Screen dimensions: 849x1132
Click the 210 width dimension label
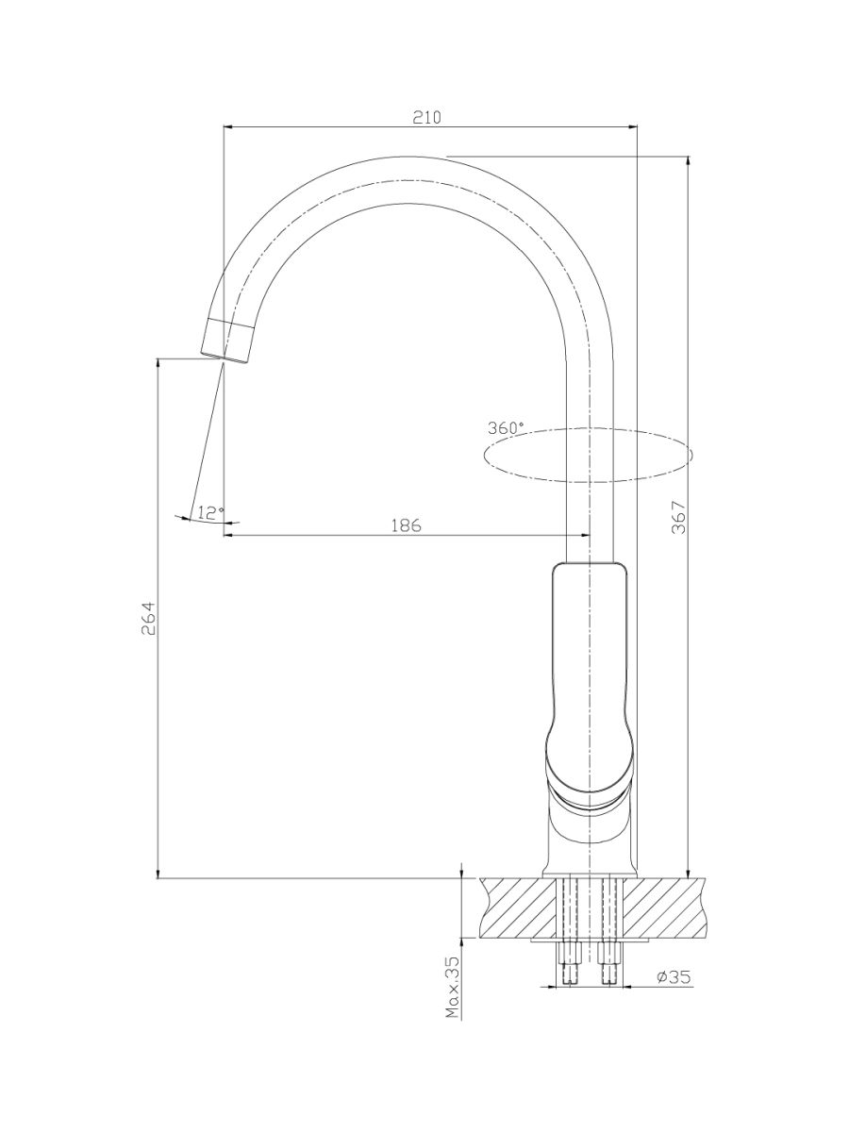426,118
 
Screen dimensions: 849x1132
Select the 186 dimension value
407,525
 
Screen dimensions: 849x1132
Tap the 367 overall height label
680,517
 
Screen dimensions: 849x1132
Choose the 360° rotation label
506,428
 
